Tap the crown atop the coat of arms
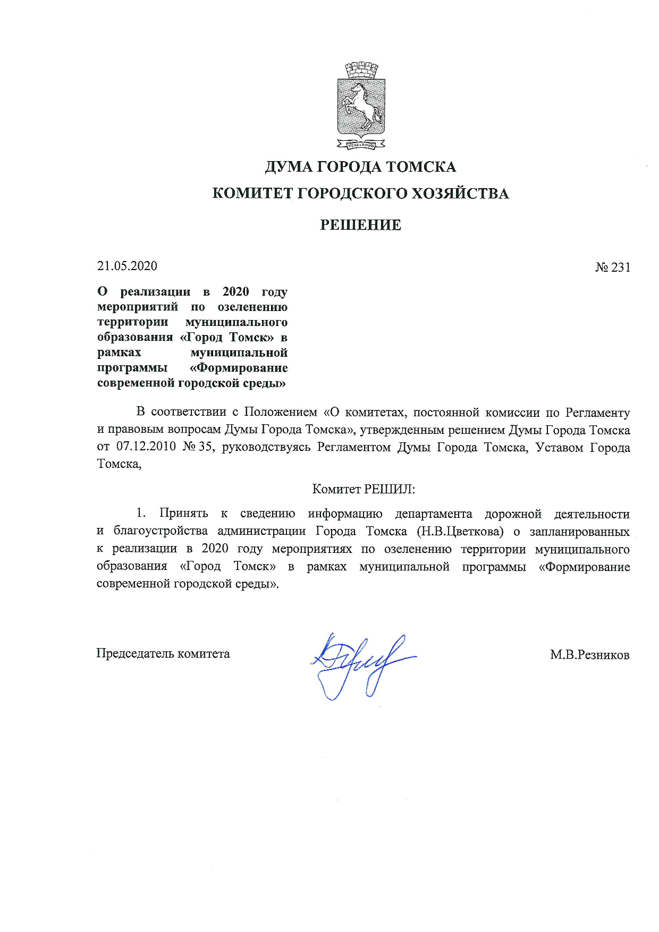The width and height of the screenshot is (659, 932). pyautogui.click(x=361, y=70)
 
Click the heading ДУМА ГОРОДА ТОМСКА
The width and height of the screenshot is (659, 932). pyautogui.click(x=360, y=167)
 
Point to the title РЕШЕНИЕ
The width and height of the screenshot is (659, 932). pyautogui.click(x=360, y=225)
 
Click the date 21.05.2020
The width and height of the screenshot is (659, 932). pyautogui.click(x=127, y=266)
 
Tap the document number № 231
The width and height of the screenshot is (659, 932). pyautogui.click(x=613, y=267)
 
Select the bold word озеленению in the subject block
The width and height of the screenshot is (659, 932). pyautogui.click(x=252, y=307)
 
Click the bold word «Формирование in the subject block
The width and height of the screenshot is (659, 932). pyautogui.click(x=239, y=368)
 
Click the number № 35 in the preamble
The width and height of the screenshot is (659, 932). pyautogui.click(x=198, y=447)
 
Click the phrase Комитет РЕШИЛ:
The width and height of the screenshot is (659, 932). pyautogui.click(x=364, y=489)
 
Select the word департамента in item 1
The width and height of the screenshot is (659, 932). pyautogui.click(x=433, y=514)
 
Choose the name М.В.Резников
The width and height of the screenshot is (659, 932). pyautogui.click(x=589, y=655)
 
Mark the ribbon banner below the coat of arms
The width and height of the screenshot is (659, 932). pyautogui.click(x=361, y=144)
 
